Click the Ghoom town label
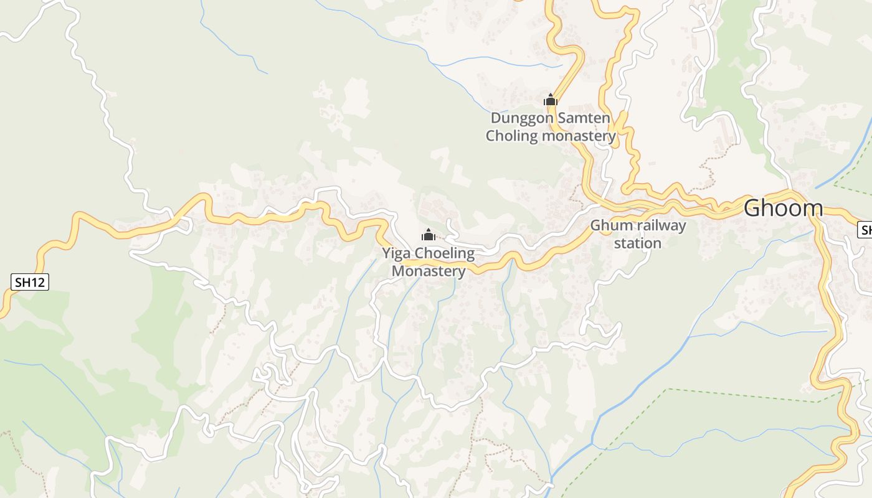pyautogui.click(x=783, y=208)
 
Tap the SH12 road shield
pyautogui.click(x=30, y=282)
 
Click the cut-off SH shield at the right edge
pyautogui.click(x=865, y=230)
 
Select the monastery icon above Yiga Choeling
pyautogui.click(x=428, y=235)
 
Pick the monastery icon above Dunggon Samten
pyautogui.click(x=550, y=100)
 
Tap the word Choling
pyautogui.click(x=512, y=136)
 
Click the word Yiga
pyautogui.click(x=397, y=254)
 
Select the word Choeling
pyautogui.click(x=445, y=254)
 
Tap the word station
pyautogui.click(x=638, y=243)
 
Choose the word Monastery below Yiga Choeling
pyautogui.click(x=429, y=271)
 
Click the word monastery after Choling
pyautogui.click(x=579, y=136)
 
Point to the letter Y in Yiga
pyautogui.click(x=387, y=254)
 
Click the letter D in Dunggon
pyautogui.click(x=496, y=118)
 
